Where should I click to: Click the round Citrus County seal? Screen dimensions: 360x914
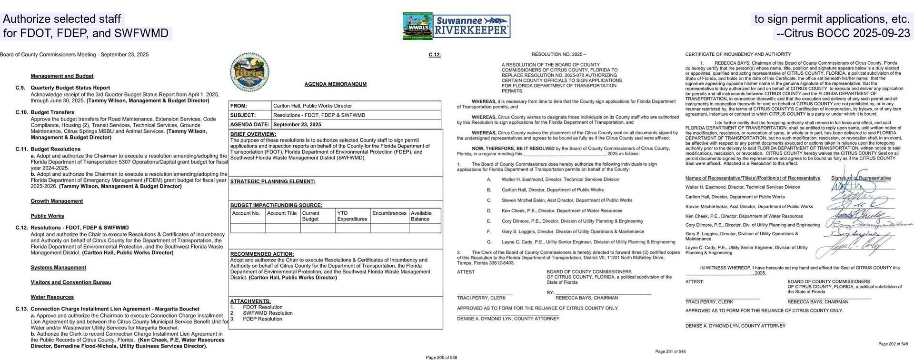[x=249, y=72]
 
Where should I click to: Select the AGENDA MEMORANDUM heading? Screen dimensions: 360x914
[x=335, y=84]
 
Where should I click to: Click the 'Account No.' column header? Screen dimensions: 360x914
[x=246, y=213]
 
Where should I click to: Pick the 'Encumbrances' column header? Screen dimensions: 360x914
[x=389, y=213]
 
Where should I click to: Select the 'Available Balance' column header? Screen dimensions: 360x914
[x=421, y=216]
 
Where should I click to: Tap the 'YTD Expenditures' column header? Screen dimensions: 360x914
[x=352, y=216]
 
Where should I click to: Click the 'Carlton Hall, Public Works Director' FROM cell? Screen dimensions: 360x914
[x=312, y=106]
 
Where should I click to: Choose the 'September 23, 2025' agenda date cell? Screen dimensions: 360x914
[x=297, y=125]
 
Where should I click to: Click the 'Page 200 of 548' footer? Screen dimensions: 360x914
[x=441, y=357]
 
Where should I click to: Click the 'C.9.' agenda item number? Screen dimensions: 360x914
[x=20, y=88]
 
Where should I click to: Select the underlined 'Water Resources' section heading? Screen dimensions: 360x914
[x=52, y=297]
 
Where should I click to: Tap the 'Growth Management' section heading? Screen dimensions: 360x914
[x=57, y=201]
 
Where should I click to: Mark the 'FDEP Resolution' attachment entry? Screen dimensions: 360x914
[x=262, y=319]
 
